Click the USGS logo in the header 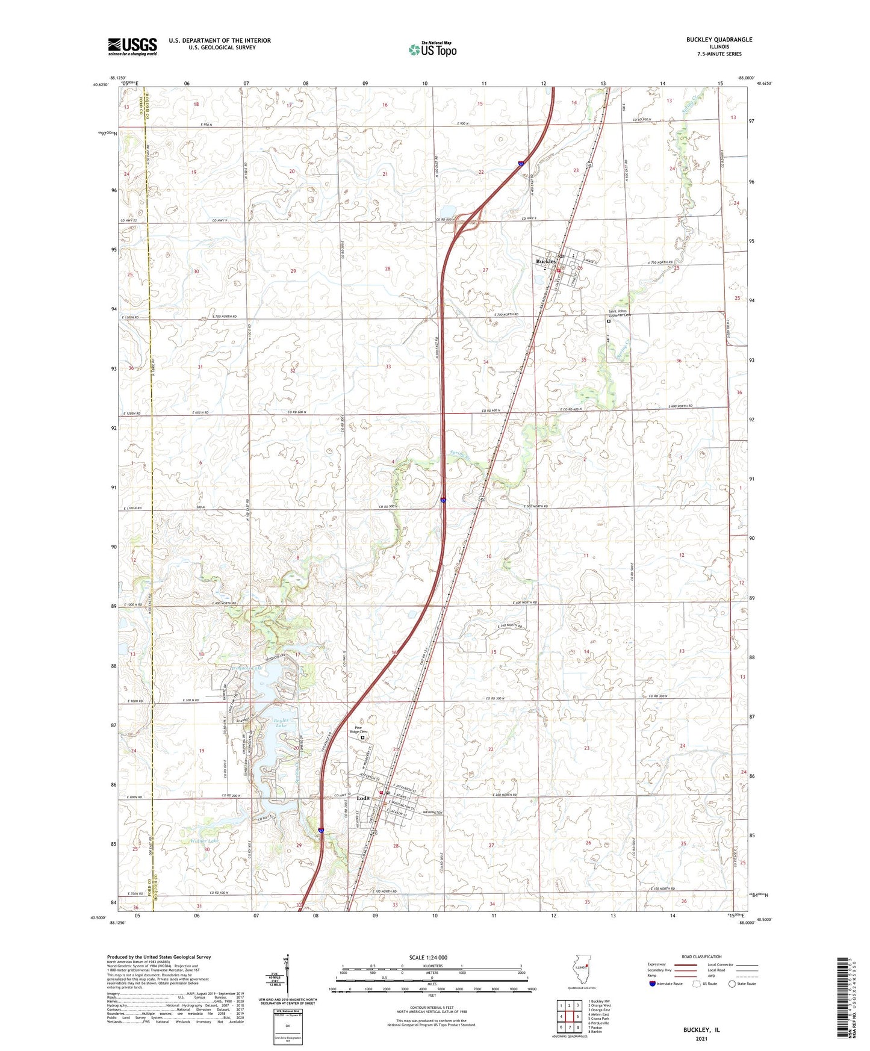tap(132, 46)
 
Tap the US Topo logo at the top tap(432, 49)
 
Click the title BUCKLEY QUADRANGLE tap(719, 40)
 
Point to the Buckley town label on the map tap(545, 262)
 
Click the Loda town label tap(362, 798)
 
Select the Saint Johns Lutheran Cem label tap(618, 313)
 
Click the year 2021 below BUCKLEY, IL tap(701, 1039)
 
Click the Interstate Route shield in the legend tap(653, 984)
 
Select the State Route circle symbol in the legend tap(732, 984)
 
